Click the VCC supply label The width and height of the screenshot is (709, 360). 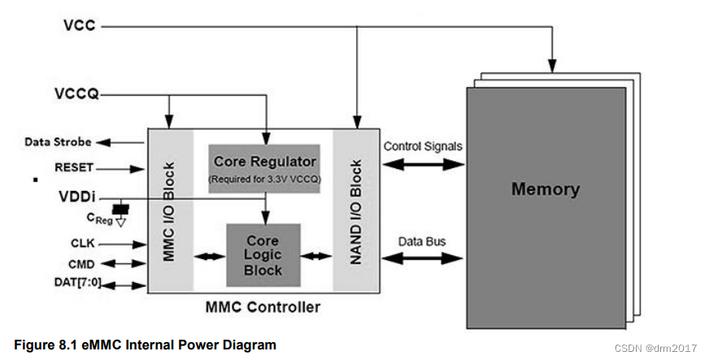click(x=80, y=26)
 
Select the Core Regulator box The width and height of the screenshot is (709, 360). click(x=264, y=168)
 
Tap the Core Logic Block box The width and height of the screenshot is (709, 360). click(x=263, y=255)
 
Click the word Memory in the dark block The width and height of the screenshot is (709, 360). click(x=545, y=190)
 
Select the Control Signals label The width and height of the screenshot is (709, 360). click(x=422, y=146)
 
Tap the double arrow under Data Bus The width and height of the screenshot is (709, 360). click(x=423, y=259)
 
